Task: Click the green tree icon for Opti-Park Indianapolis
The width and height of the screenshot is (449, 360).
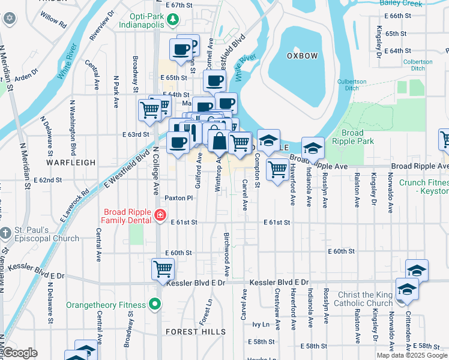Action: coord(173,20)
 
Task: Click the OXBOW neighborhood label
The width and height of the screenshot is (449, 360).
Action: coord(301,56)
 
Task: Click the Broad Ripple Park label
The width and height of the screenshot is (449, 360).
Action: coord(357,137)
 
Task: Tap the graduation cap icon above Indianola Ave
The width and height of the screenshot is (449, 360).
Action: coord(313,148)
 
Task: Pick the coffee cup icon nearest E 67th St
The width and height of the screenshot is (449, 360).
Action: coord(181,50)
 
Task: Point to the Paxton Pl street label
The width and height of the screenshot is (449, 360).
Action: coord(179,197)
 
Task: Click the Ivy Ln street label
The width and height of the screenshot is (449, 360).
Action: coord(261,324)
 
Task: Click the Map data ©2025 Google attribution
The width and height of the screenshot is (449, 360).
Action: coord(412,355)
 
